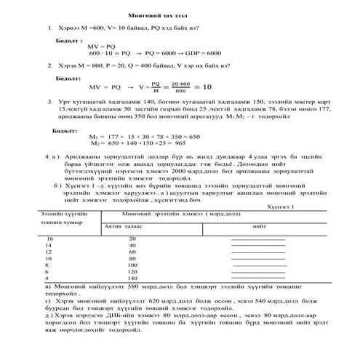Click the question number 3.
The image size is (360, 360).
49,101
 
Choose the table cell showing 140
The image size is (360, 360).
132,279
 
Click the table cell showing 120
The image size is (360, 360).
132,272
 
